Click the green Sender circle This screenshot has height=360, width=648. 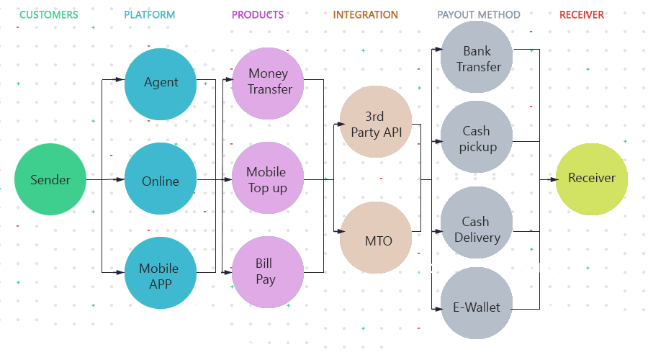[x=50, y=179]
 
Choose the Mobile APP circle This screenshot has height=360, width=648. [x=160, y=275]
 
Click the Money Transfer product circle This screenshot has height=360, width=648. [x=268, y=82]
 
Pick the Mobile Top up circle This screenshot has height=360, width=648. [x=267, y=179]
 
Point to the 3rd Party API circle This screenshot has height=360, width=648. [x=376, y=123]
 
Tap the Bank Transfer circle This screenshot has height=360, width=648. [x=477, y=58]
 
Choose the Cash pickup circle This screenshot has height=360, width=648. [x=477, y=138]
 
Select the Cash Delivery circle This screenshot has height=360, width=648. [x=477, y=228]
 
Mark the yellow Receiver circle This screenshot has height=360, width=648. [x=591, y=179]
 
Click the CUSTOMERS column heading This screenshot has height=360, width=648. [x=49, y=14]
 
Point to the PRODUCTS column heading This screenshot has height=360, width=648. [x=257, y=14]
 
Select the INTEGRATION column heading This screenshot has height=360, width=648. [x=365, y=14]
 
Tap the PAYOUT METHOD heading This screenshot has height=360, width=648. [x=479, y=14]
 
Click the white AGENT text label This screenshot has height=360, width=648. [x=541, y=268]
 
